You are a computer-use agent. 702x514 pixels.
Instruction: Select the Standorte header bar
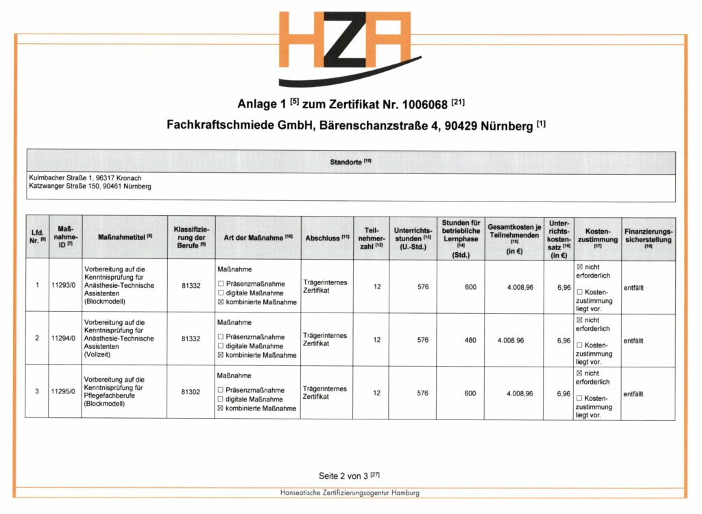350,162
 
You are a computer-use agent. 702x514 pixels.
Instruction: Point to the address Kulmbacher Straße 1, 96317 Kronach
85,178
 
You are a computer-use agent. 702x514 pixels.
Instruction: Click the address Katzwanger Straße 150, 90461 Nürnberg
90,186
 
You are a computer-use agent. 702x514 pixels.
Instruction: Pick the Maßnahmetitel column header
124,237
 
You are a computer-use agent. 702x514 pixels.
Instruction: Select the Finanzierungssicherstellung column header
648,236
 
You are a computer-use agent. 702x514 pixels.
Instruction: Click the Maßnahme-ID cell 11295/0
62,393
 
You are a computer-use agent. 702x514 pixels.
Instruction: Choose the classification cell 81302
191,393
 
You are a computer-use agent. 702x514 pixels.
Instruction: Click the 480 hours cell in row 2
470,340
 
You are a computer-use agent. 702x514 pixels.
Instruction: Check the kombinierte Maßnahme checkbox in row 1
221,302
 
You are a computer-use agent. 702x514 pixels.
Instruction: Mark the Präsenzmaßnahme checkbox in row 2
221,337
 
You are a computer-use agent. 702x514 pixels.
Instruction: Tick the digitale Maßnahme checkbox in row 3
221,400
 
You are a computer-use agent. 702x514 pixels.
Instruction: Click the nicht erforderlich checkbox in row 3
579,373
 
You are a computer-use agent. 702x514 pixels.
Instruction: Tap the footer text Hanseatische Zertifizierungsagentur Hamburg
350,493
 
